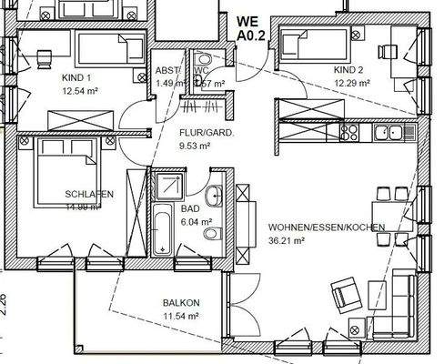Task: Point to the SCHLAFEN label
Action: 88,195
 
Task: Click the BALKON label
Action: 181,303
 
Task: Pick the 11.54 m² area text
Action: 181,316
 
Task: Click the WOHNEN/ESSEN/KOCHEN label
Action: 326,227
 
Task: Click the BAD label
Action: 190,208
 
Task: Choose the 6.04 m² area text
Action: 196,221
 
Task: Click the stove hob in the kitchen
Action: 350,133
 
